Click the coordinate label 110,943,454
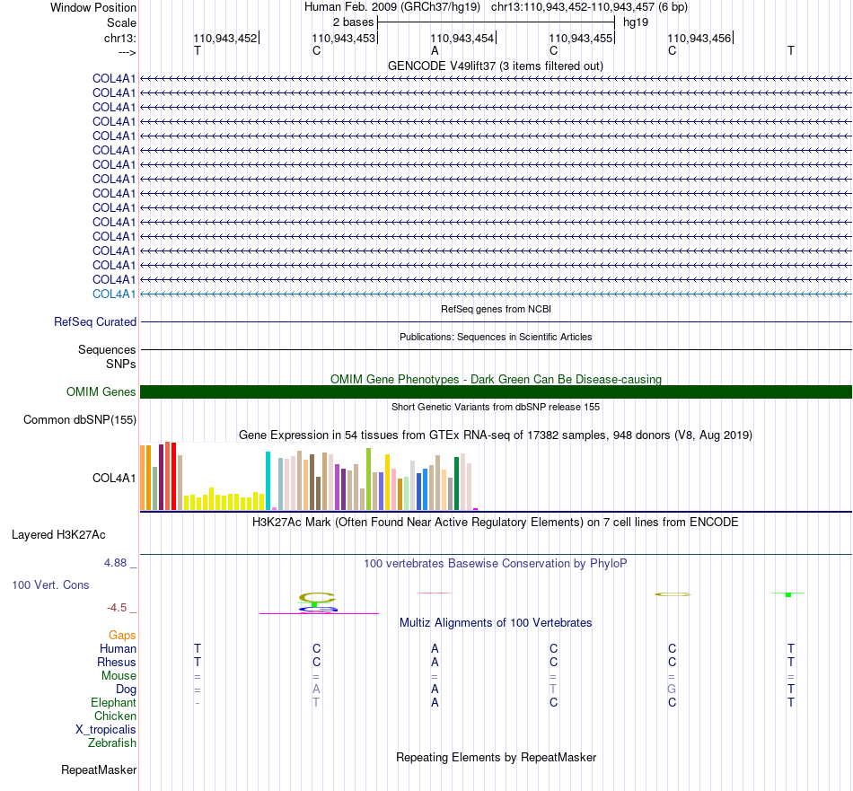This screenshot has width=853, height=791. point(462,38)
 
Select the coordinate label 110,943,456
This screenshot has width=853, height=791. point(699,38)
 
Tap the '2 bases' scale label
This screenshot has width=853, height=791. point(353,22)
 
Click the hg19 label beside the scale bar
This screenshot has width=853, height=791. point(636,22)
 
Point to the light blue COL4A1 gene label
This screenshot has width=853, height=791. point(114,294)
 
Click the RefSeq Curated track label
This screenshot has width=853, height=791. point(94,321)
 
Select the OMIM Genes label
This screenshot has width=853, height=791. point(101,391)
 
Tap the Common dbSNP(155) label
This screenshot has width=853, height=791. point(79,419)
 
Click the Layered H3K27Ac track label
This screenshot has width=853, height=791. point(58,535)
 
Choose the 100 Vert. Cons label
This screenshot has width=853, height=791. point(50,584)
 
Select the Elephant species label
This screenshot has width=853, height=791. point(113,702)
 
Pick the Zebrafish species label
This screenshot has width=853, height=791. point(111,743)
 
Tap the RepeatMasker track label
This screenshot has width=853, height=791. point(99,769)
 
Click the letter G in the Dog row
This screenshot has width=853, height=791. point(672,689)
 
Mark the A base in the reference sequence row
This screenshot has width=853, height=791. point(435,50)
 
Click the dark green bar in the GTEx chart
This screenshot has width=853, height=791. point(456,483)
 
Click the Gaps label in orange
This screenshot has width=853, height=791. point(122,635)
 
